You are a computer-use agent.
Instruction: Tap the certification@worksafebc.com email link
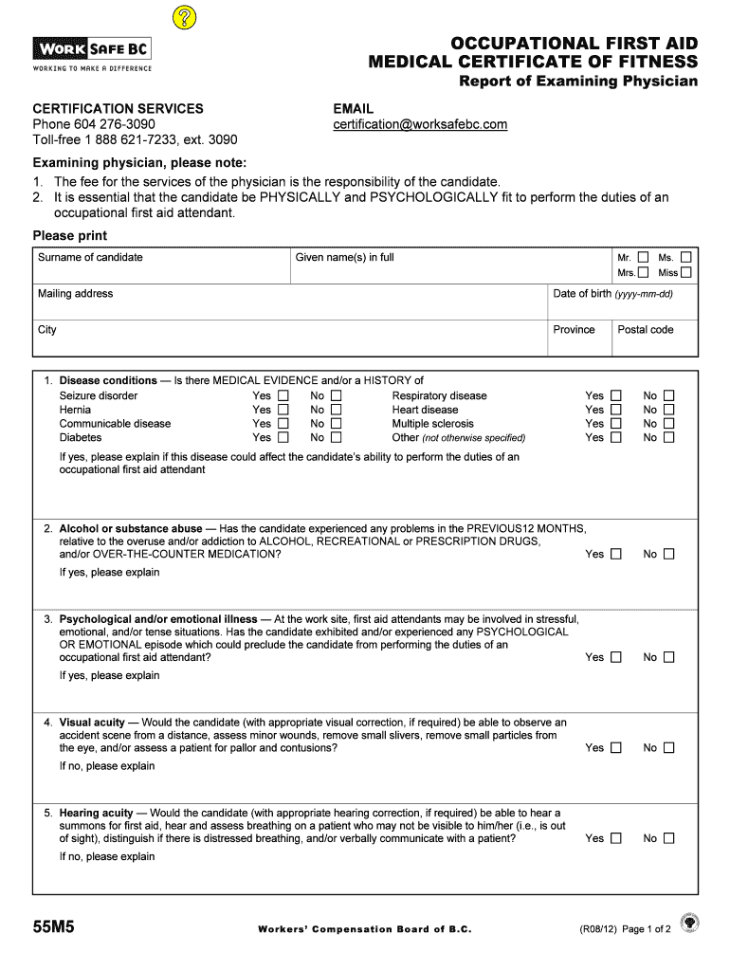click(420, 124)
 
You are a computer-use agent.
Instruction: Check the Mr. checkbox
click(644, 257)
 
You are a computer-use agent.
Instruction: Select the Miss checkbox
click(685, 272)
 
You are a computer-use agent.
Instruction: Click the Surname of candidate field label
click(90, 257)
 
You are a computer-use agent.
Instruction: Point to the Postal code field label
click(646, 330)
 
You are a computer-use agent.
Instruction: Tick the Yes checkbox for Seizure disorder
click(283, 395)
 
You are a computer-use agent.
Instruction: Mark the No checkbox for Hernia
click(337, 410)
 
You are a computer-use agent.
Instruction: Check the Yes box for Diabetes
click(283, 438)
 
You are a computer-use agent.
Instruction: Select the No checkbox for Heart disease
click(669, 410)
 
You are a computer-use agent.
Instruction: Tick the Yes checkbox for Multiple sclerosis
click(615, 424)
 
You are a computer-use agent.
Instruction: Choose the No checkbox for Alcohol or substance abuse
click(669, 554)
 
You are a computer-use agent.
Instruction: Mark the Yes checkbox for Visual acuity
click(615, 747)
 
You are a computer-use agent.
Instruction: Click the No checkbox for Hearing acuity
click(669, 838)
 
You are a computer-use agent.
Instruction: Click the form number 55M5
click(54, 928)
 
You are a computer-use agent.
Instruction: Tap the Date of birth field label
click(612, 294)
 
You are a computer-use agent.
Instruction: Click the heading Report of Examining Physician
click(578, 82)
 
